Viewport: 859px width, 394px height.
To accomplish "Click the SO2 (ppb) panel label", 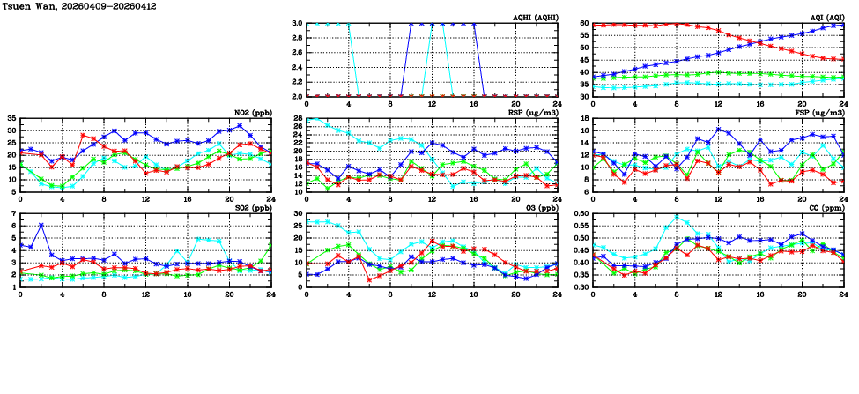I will (x=252, y=208).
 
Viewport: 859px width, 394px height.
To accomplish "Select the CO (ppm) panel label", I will (x=826, y=208).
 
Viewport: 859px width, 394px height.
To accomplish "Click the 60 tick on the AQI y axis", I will (x=584, y=23).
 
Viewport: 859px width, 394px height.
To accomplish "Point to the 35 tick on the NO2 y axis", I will (x=11, y=118).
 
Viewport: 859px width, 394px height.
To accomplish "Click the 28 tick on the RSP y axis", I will (x=298, y=118).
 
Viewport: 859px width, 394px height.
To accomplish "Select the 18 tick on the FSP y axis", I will (x=584, y=118).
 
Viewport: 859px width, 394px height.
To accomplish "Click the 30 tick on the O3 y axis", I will (x=298, y=213).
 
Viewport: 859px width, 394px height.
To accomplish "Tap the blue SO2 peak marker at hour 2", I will (x=41, y=226).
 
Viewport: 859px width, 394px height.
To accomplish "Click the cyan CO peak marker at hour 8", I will (x=677, y=218).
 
